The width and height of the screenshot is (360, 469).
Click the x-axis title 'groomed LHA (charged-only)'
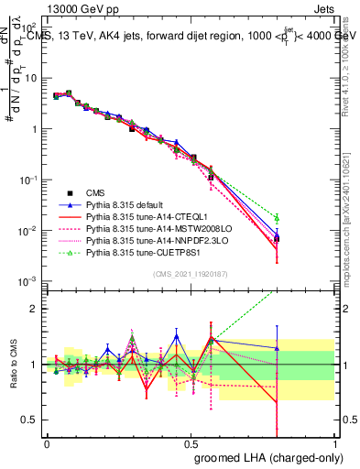[280, 456]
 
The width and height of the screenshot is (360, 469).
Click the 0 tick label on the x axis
[47, 442]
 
